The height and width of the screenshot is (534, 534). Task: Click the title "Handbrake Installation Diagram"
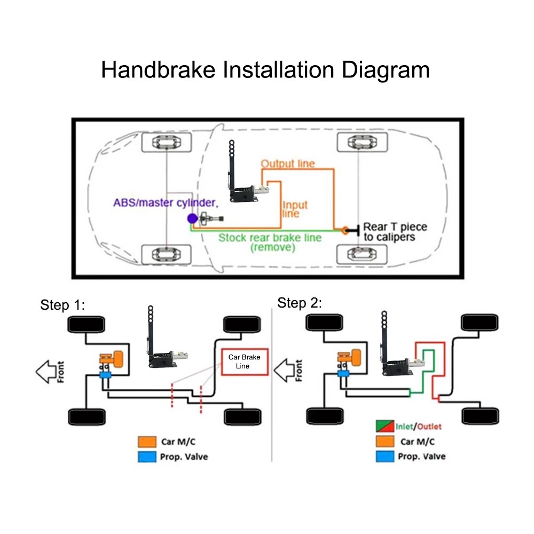[265, 70]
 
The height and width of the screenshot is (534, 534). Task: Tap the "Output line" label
[288, 163]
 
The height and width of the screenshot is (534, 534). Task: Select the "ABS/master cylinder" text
[166, 203]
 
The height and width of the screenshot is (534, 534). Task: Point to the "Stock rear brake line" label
[270, 238]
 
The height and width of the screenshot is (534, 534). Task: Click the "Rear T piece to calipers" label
[395, 232]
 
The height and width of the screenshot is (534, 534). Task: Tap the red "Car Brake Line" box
[245, 362]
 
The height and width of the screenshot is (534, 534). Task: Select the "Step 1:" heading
[62, 305]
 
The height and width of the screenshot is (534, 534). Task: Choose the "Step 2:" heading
[300, 303]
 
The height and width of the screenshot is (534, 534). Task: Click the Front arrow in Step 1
[50, 371]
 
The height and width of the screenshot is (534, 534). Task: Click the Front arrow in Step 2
[287, 370]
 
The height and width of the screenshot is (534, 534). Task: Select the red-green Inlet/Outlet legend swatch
[384, 427]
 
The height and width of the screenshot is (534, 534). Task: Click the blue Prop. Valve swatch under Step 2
[384, 457]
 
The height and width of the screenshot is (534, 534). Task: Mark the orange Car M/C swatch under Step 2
[384, 442]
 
